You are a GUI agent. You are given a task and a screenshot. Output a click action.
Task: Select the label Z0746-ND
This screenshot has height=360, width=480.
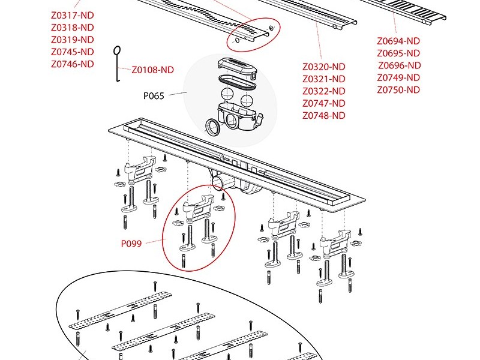(x=72, y=64)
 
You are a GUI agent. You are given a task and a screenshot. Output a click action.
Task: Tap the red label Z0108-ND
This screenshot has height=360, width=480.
(x=152, y=70)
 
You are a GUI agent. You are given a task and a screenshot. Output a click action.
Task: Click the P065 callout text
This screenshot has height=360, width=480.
(x=154, y=95)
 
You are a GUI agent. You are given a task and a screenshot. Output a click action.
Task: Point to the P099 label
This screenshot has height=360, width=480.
(x=131, y=244)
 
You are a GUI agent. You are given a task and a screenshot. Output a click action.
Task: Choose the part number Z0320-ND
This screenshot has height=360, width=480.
(x=323, y=67)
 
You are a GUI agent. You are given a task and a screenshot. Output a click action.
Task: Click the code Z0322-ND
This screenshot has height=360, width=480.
(x=323, y=91)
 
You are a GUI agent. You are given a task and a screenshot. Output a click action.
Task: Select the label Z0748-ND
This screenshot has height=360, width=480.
(x=323, y=116)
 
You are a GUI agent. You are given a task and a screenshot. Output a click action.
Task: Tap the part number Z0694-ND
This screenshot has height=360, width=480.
(x=398, y=41)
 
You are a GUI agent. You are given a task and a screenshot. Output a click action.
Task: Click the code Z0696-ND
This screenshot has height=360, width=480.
(x=399, y=65)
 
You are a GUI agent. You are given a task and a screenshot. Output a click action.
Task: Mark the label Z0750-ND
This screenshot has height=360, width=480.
(x=398, y=90)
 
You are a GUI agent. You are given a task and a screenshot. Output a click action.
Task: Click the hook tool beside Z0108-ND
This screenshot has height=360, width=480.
(x=118, y=63)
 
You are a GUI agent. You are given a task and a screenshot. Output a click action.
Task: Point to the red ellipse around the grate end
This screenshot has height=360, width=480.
(x=253, y=35)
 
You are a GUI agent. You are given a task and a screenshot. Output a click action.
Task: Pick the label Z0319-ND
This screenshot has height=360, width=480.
(x=72, y=40)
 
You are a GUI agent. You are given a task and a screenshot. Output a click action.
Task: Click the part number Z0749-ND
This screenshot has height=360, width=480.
(x=398, y=78)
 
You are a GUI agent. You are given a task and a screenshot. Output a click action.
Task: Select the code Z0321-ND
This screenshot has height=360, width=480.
(x=323, y=79)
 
